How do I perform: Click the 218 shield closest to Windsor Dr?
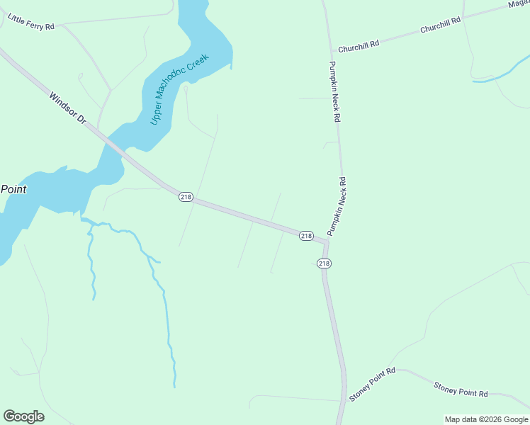186,197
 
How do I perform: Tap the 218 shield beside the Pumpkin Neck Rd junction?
306,235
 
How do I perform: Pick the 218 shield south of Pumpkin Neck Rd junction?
324,263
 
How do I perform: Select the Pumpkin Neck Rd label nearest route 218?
337,206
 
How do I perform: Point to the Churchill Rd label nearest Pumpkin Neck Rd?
359,45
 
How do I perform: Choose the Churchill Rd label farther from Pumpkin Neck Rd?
440,25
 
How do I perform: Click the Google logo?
23,416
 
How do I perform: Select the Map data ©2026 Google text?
486,419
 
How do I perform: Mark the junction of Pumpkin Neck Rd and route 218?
327,242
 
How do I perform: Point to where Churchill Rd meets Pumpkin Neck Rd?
332,52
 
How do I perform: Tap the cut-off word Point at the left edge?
13,189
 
